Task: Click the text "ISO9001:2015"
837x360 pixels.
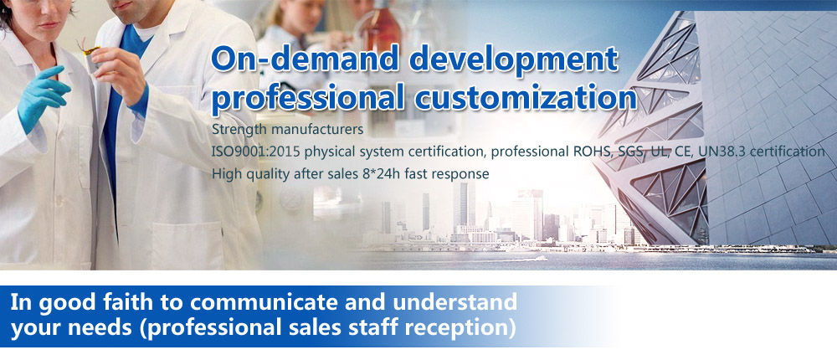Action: pos(249,152)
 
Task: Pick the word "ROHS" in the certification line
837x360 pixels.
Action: pos(588,152)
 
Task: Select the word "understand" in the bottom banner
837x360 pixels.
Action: pos(454,301)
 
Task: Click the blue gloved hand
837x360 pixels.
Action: pos(43,96)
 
